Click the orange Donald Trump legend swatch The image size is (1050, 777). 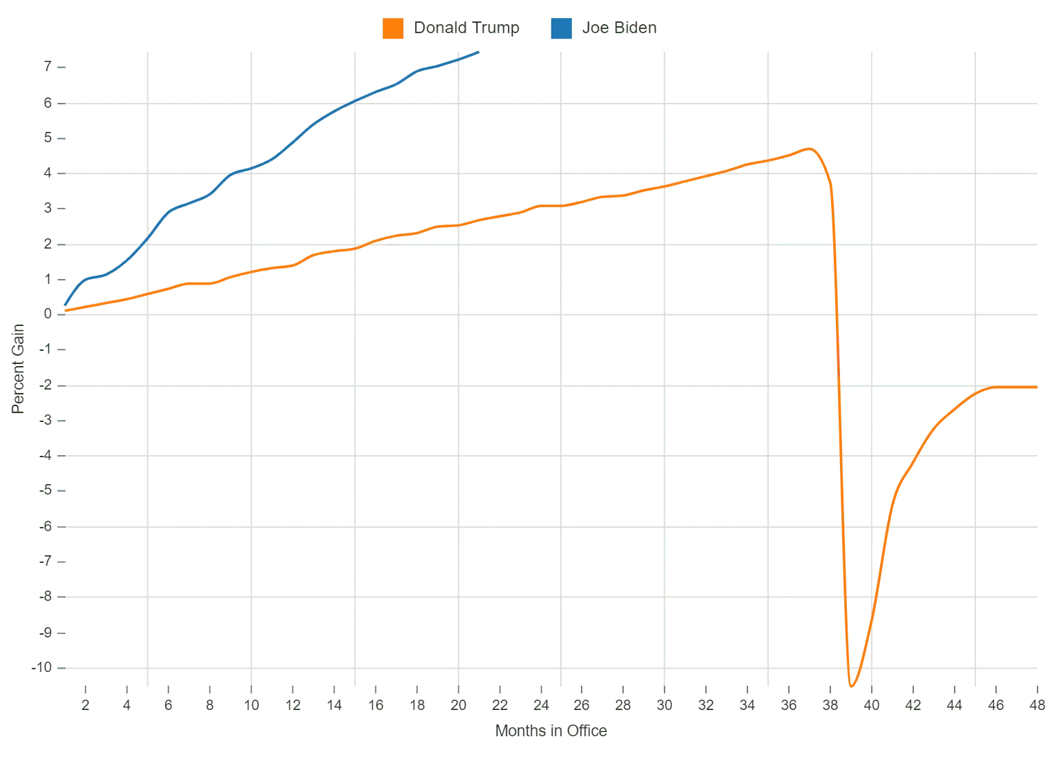point(392,29)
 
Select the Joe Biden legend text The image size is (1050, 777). point(618,28)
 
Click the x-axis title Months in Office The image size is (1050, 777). point(550,731)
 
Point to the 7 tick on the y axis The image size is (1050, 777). point(48,67)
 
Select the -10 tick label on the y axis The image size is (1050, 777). point(41,668)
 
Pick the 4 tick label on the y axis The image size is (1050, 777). point(48,173)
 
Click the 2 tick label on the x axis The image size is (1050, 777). point(85,705)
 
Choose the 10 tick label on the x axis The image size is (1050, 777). point(251,705)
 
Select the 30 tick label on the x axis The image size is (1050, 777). point(665,705)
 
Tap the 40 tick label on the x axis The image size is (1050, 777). point(872,705)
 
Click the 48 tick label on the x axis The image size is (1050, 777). point(1036,705)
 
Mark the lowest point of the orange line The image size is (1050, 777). point(852,687)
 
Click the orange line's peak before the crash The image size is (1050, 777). point(808,148)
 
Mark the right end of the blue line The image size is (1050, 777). point(479,52)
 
